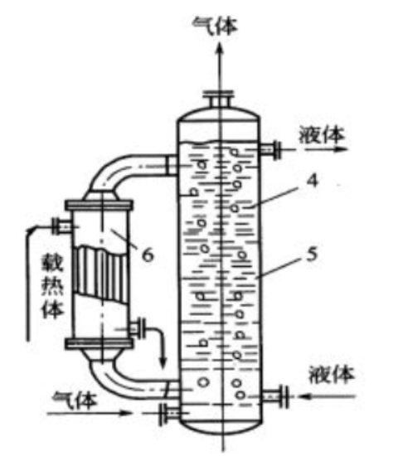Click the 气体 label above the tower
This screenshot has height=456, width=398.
(216, 27)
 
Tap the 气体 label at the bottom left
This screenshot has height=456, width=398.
(75, 400)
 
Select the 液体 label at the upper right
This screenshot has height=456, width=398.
(322, 135)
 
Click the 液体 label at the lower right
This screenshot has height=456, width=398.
(332, 375)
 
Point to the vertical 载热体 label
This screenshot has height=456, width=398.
(52, 286)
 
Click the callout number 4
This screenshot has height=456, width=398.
(312, 181)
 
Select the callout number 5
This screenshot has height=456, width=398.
(312, 255)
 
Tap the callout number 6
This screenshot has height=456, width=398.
(148, 255)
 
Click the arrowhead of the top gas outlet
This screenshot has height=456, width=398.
(221, 49)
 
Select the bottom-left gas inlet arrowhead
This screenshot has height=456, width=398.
(126, 413)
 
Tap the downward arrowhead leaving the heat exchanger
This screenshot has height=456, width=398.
(163, 361)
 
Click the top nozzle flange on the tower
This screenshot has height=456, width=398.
(218, 94)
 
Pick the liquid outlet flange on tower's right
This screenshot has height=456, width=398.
(277, 150)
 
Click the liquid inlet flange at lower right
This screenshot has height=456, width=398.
(284, 396)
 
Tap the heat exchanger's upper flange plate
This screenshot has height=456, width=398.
(99, 205)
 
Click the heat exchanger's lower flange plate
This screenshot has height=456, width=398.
(99, 343)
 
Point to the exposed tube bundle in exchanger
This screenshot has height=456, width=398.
(100, 274)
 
